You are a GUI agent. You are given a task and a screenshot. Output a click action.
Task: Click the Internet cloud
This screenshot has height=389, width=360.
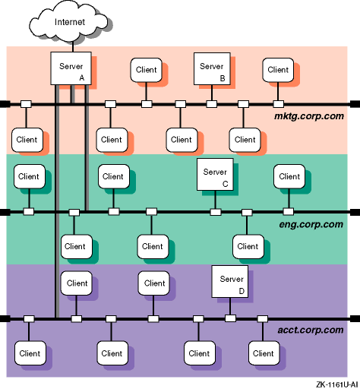(69, 22)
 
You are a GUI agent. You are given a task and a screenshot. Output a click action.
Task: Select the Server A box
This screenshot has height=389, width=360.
(71, 68)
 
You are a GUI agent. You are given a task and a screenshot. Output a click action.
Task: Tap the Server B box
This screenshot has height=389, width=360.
(212, 68)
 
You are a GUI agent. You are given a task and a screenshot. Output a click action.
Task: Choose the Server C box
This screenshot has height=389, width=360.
(215, 174)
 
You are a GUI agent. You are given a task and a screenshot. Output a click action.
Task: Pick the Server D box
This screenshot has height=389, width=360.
(229, 281)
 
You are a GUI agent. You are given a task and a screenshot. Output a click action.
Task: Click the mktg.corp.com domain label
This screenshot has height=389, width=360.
(309, 116)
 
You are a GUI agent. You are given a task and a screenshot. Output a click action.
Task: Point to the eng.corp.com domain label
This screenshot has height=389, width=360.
(311, 224)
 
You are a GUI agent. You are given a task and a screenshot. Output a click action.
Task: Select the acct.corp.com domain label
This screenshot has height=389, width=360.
(311, 330)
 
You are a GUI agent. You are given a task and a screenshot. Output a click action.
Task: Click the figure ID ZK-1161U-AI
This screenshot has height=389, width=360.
(336, 384)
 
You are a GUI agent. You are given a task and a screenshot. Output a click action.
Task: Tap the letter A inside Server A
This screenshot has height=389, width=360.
(81, 77)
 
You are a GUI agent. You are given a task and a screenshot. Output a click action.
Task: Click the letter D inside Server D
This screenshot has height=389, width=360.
(242, 291)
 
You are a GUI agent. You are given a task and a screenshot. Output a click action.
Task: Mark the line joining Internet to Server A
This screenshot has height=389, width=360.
(73, 47)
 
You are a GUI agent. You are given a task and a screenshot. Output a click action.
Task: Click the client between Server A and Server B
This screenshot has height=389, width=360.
(147, 70)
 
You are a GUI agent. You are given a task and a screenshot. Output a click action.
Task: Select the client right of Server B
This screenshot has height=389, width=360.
(278, 70)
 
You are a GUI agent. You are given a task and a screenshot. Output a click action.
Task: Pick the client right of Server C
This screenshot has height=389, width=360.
(289, 176)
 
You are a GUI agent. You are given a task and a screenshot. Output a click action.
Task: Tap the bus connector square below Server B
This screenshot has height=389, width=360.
(212, 104)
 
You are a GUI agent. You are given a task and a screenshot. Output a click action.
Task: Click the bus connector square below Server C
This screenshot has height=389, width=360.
(216, 212)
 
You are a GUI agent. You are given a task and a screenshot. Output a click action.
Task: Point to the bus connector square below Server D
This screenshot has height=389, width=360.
(230, 318)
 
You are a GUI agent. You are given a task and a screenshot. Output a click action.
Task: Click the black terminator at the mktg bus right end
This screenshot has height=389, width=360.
(355, 104)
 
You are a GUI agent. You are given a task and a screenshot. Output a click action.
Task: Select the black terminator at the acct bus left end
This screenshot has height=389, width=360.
(5, 318)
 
